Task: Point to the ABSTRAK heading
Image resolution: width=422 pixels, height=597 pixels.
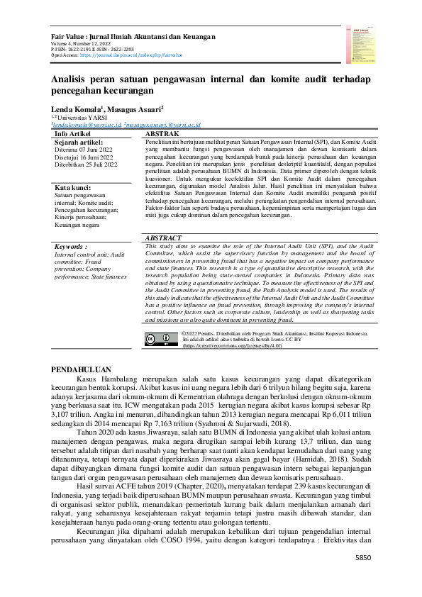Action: (160, 133)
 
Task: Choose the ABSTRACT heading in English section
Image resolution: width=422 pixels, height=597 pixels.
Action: (163, 218)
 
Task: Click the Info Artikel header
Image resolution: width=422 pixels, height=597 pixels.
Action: (72, 133)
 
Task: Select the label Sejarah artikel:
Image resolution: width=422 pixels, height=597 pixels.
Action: (80, 142)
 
